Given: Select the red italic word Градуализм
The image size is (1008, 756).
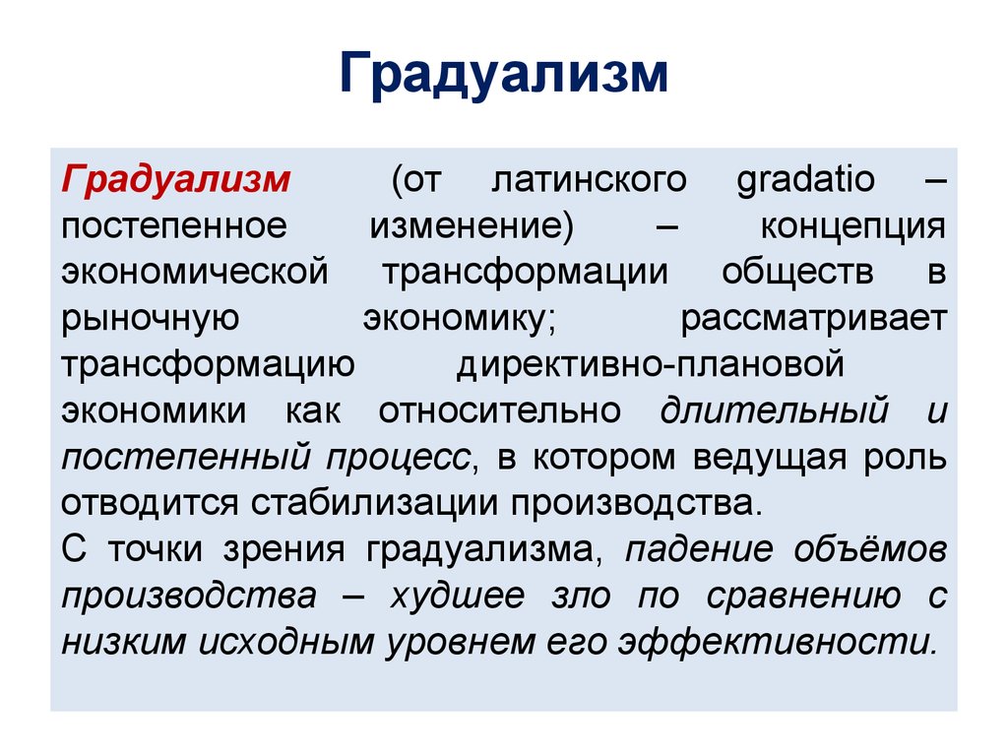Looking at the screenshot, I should point(176,181).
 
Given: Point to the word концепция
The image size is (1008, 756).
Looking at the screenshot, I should point(851,226).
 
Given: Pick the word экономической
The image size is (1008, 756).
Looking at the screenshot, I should point(194,272).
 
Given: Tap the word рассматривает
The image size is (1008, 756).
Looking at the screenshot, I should point(813,318).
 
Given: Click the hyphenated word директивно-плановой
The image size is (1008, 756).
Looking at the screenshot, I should point(651,364).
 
